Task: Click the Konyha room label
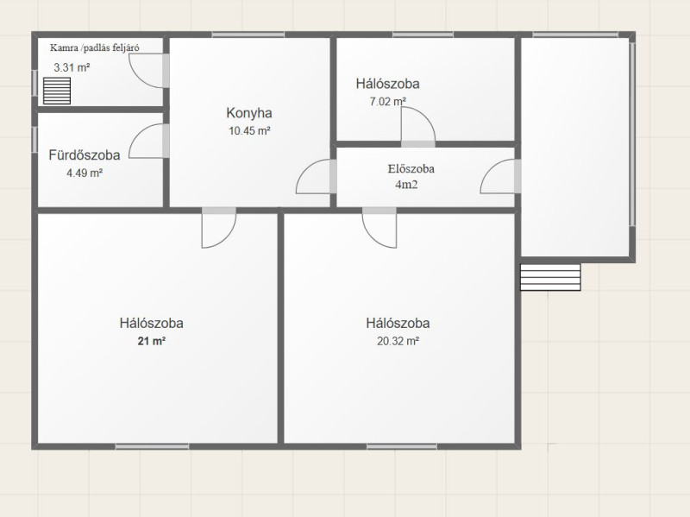click(x=249, y=113)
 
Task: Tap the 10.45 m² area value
click(x=249, y=131)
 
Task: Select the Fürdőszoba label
click(x=84, y=155)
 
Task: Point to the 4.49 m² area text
click(x=85, y=173)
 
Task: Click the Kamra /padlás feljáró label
click(x=95, y=47)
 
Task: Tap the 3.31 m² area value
click(x=72, y=68)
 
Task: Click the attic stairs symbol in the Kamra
click(x=57, y=91)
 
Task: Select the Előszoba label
click(x=411, y=168)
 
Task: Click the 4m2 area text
click(x=406, y=185)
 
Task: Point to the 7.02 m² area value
click(x=387, y=102)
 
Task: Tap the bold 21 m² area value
click(x=152, y=341)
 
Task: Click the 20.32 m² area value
click(x=398, y=341)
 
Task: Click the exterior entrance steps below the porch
click(x=550, y=277)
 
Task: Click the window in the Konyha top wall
click(x=248, y=35)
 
